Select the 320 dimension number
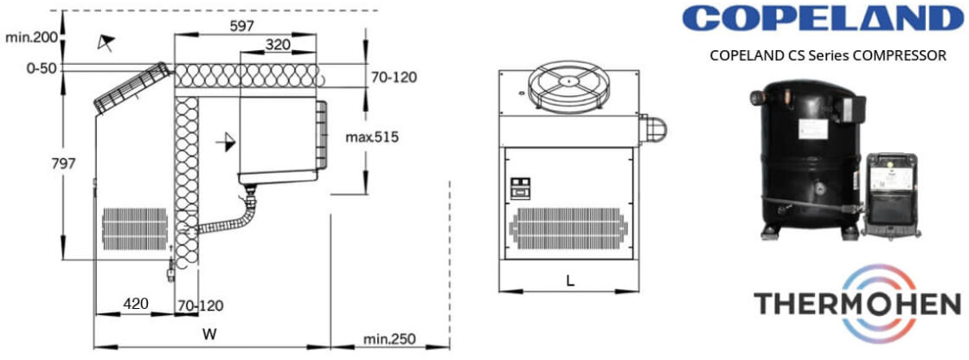[277, 44]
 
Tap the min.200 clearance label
[31, 38]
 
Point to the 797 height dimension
[63, 164]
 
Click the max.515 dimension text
[372, 138]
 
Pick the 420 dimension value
[135, 304]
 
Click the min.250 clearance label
[389, 339]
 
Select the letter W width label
[210, 335]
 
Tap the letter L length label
[570, 281]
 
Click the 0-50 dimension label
[42, 67]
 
